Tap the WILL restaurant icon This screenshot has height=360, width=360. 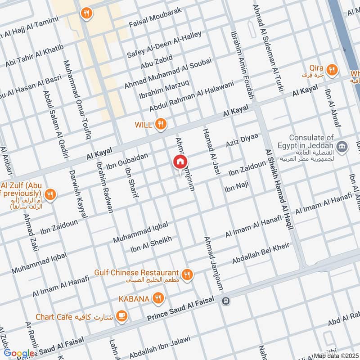(x=160, y=124)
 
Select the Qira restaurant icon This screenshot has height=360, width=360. (x=332, y=69)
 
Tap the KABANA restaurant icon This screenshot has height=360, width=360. (x=157, y=297)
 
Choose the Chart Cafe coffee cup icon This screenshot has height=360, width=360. (x=121, y=317)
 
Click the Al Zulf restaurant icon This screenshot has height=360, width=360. (x=50, y=195)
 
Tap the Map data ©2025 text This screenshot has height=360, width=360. (x=336, y=356)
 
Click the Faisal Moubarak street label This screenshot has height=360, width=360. (x=155, y=17)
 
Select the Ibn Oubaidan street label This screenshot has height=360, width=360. (x=127, y=161)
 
